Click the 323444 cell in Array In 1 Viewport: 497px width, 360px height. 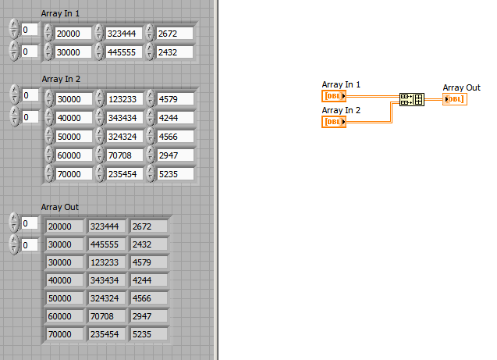point(124,34)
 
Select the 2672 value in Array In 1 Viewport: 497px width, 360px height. point(175,34)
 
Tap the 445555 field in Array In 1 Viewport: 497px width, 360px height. point(124,52)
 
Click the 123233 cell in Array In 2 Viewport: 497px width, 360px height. point(125,99)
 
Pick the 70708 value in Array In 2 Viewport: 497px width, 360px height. point(125,155)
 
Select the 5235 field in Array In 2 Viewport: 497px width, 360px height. point(176,174)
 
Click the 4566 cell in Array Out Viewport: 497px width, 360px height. point(149,298)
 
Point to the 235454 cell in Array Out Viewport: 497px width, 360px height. point(106,334)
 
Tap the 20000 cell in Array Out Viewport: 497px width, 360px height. point(64,226)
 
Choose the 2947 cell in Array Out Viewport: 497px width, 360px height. point(149,316)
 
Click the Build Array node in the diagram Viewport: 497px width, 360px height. point(412,99)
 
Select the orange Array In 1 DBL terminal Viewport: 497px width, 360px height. point(334,96)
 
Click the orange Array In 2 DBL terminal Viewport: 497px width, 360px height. point(334,122)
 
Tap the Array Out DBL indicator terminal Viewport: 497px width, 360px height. point(455,99)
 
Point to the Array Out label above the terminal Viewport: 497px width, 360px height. point(462,87)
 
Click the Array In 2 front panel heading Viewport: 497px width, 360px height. point(61,79)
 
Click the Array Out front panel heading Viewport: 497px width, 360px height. point(59,207)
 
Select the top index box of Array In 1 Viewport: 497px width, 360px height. point(30,30)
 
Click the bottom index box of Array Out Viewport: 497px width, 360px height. point(30,245)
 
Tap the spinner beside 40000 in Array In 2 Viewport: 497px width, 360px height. point(49,118)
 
